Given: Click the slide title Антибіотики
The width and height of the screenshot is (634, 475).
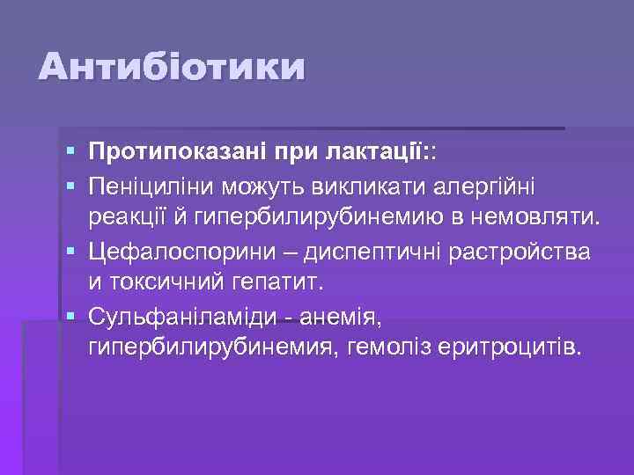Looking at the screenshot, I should click(x=173, y=68).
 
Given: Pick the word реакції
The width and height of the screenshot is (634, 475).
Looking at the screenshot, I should click(x=125, y=218).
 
